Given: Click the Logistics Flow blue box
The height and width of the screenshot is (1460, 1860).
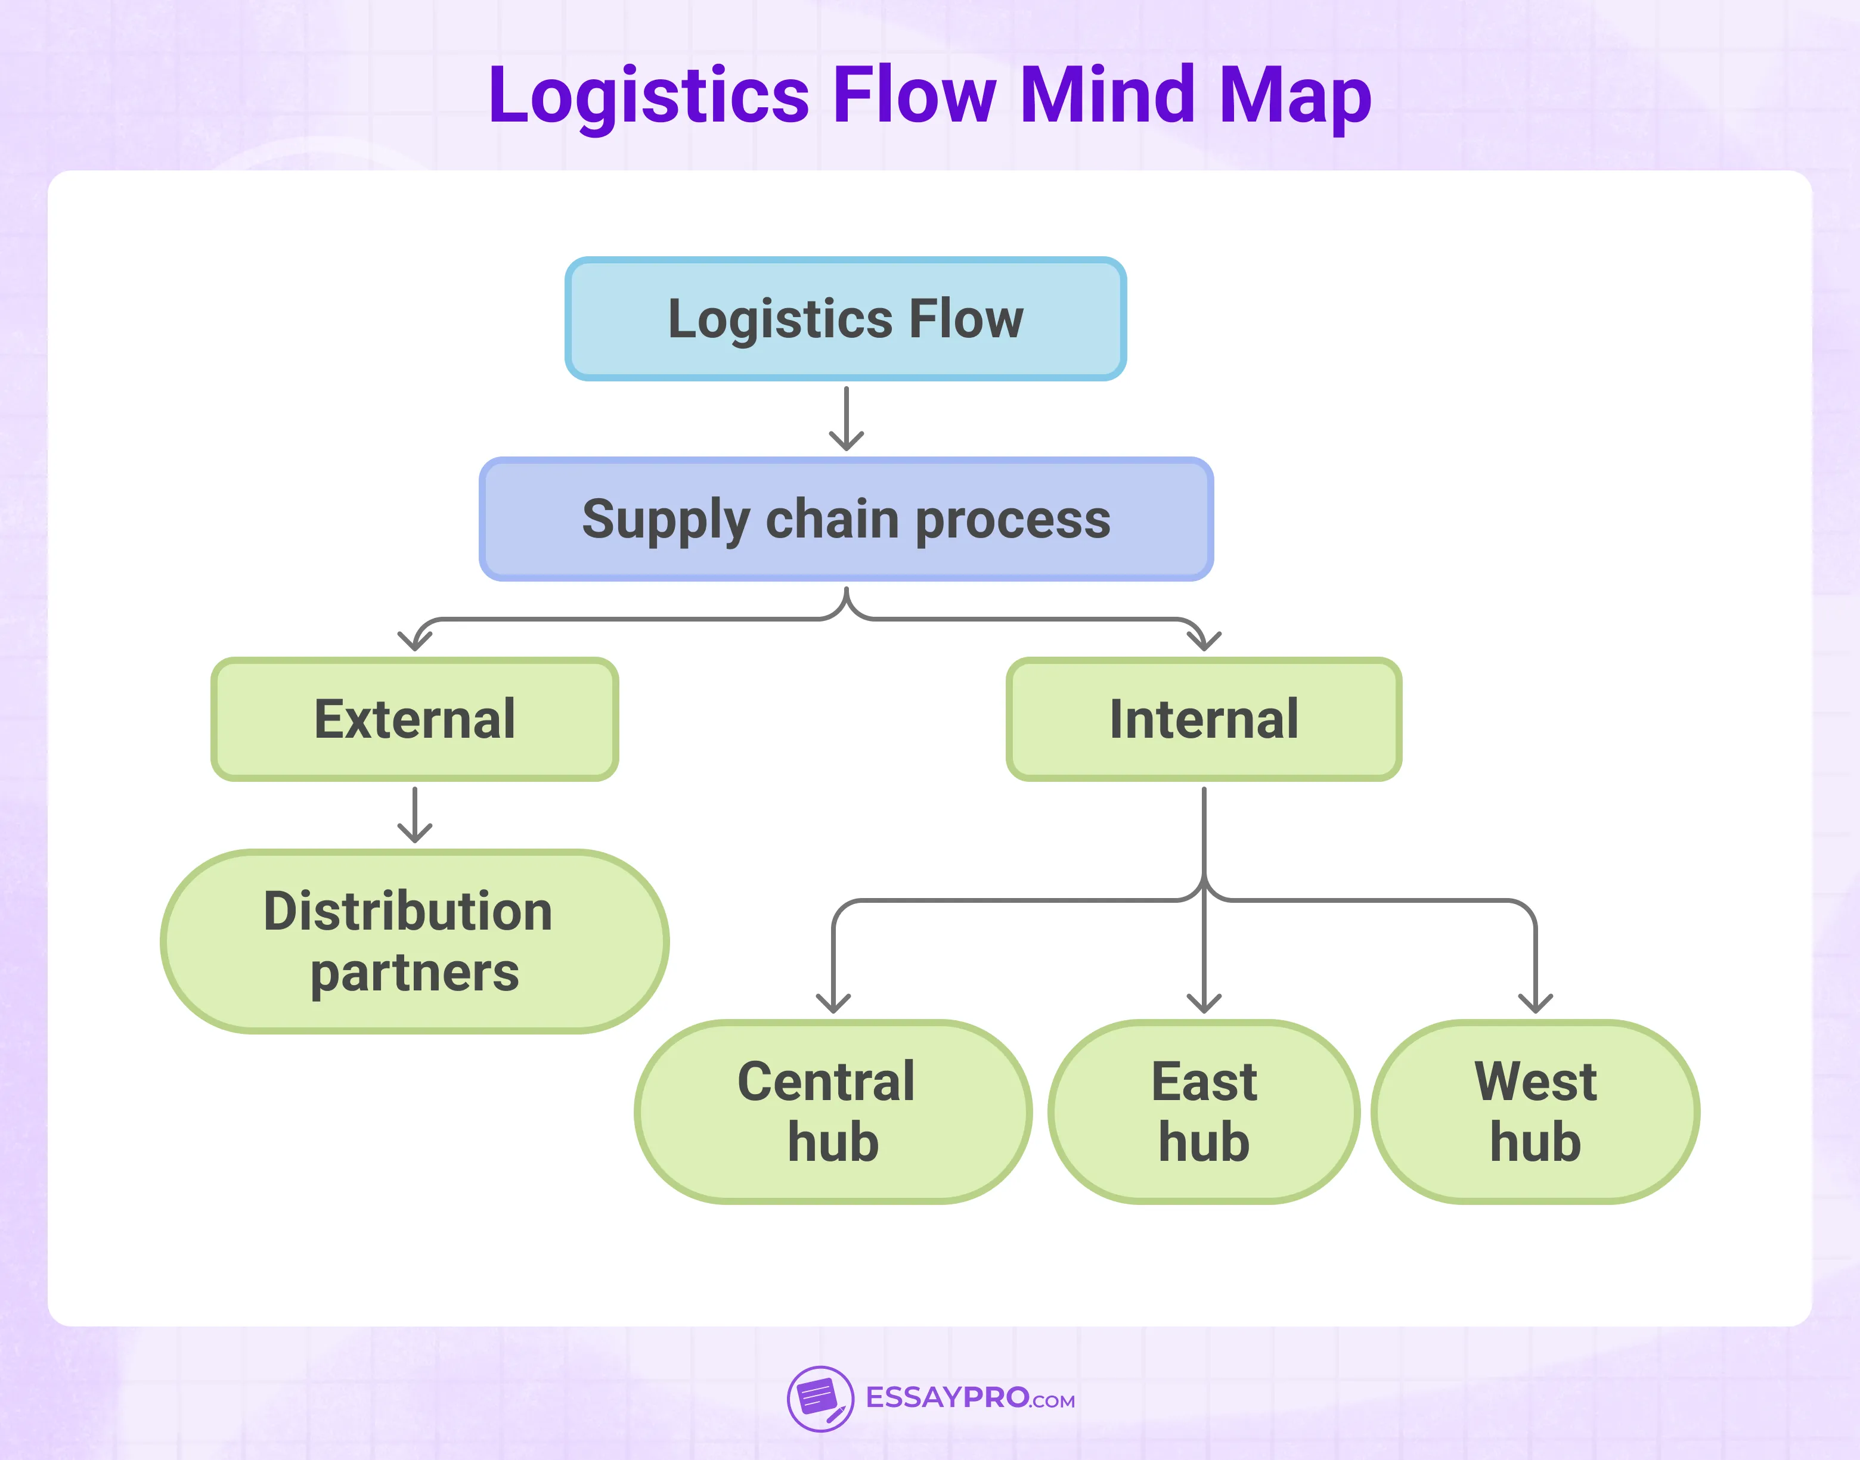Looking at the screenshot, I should click(x=845, y=319).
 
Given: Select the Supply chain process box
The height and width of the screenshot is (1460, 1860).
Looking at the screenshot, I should click(x=845, y=519).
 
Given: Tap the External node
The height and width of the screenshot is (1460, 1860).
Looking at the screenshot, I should click(x=415, y=719).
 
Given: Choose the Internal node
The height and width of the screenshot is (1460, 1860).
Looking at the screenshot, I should click(x=1203, y=719).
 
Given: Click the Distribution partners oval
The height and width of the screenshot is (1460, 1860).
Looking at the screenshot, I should click(x=415, y=940).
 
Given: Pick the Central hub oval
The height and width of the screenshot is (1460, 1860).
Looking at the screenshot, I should click(x=832, y=1111).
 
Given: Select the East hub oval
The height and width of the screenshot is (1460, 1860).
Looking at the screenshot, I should click(x=1203, y=1111).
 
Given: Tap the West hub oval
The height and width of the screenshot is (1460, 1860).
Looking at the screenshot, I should click(x=1535, y=1111).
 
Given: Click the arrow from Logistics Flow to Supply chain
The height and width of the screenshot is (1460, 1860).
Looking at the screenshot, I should click(x=846, y=419).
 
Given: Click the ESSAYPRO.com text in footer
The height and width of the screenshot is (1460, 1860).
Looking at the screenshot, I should click(x=970, y=1399).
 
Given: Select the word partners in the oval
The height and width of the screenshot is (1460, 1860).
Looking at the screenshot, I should click(x=415, y=973).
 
